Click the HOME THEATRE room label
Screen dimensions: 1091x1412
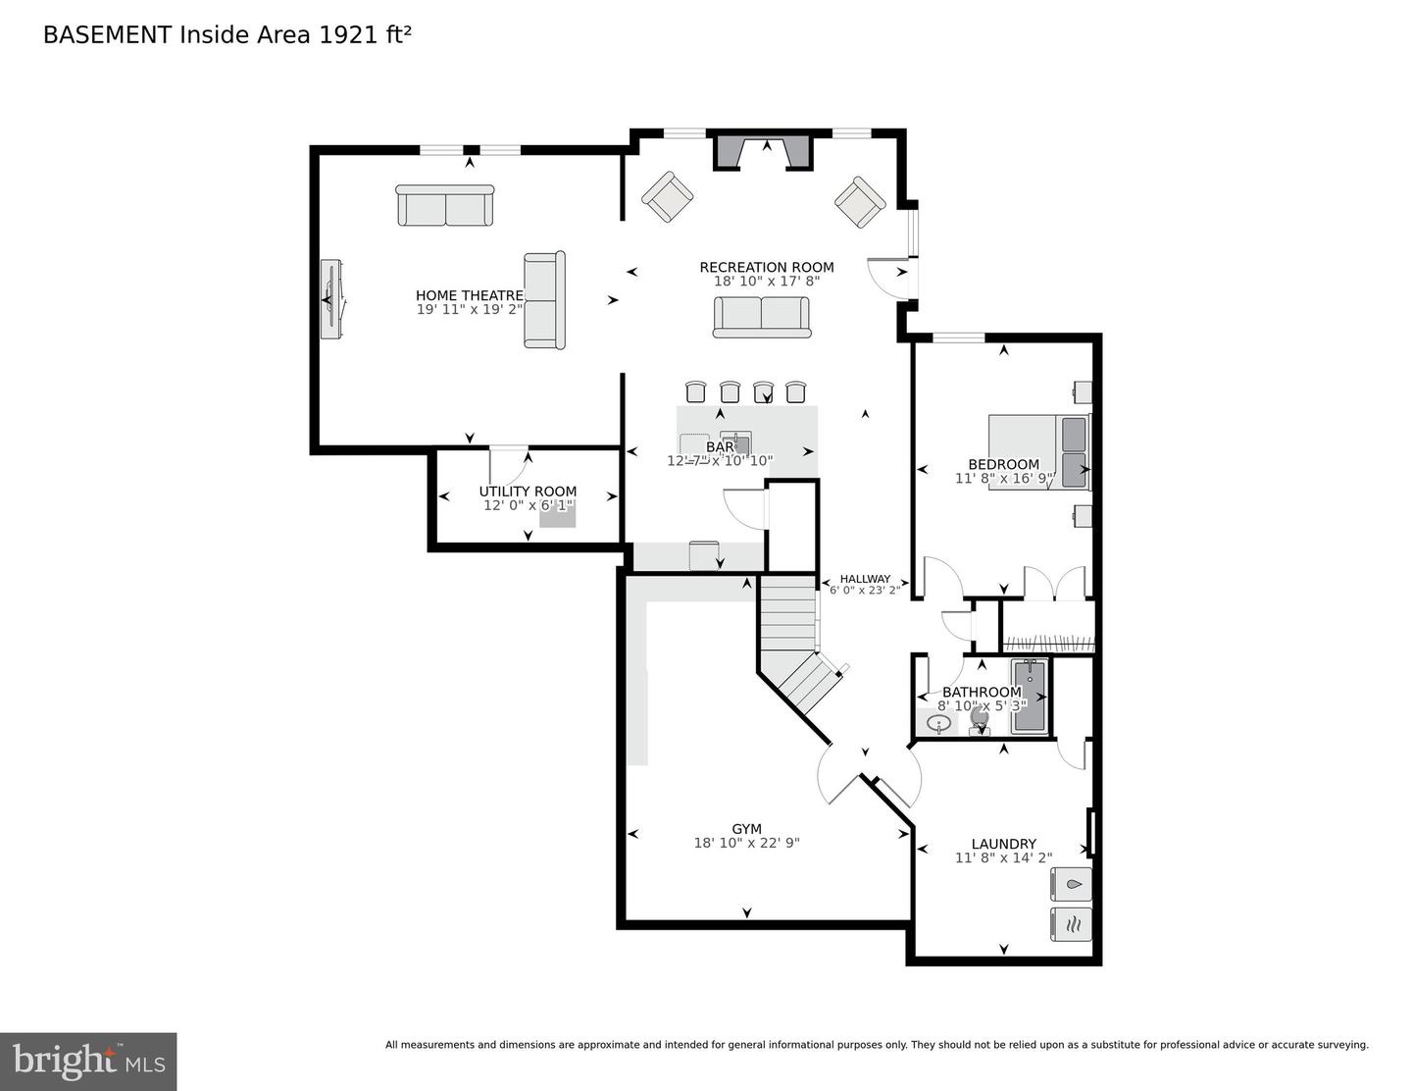(x=469, y=295)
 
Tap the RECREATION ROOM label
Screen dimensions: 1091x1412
(x=766, y=267)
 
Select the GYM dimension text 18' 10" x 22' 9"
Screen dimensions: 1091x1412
(x=746, y=842)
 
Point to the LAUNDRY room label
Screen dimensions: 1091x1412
(x=1003, y=844)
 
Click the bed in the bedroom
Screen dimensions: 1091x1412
(x=1037, y=451)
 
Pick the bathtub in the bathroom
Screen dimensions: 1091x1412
(x=1030, y=696)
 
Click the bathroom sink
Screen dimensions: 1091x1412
(x=938, y=724)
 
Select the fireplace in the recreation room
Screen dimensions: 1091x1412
(x=763, y=152)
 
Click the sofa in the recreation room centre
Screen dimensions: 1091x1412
(x=761, y=317)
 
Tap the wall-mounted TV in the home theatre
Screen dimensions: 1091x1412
(x=331, y=300)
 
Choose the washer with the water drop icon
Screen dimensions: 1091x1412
(x=1071, y=884)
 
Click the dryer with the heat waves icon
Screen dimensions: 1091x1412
(x=1071, y=924)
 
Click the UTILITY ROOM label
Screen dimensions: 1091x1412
(x=528, y=492)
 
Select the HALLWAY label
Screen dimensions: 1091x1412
(x=865, y=579)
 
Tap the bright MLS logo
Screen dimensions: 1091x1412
(x=88, y=1062)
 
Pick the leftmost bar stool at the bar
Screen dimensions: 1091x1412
(x=695, y=391)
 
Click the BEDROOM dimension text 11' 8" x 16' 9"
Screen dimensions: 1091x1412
(x=1003, y=479)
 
